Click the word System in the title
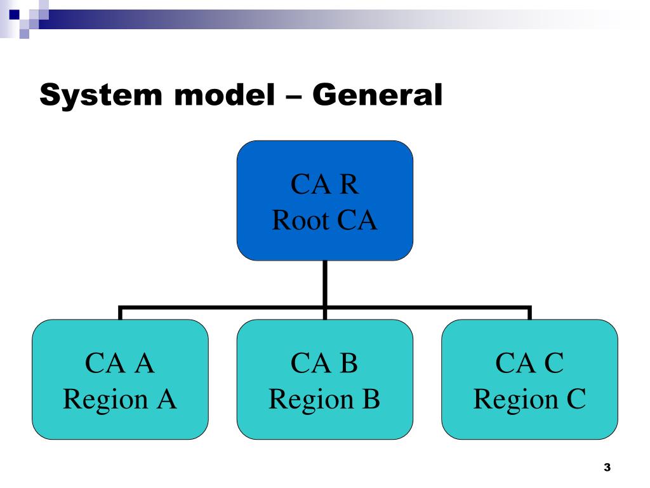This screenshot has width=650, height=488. [101, 96]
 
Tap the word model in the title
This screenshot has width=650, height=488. [225, 95]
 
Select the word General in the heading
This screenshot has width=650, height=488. [377, 95]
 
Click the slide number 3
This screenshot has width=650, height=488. [607, 467]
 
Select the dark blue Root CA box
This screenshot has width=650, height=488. [324, 200]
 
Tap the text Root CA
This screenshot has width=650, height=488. [324, 220]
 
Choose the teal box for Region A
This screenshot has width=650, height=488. [120, 379]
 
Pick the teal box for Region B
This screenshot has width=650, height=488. [324, 379]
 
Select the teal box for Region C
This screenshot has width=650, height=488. [529, 379]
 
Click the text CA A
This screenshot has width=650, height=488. [120, 363]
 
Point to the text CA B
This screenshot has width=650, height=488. [324, 363]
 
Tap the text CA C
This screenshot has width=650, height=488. [529, 363]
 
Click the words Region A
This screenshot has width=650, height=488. [120, 399]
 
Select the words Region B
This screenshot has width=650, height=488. [324, 399]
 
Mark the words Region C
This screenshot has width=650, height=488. [529, 399]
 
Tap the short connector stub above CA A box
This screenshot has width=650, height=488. [120, 313]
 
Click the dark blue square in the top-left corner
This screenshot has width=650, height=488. [15, 15]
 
